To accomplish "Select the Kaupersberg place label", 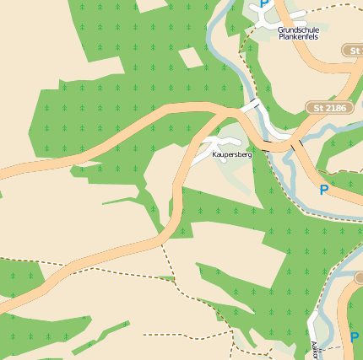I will pyautogui.click(x=231, y=155).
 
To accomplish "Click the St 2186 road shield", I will pyautogui.click(x=329, y=108).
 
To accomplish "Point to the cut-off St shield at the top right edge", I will pyautogui.click(x=353, y=51).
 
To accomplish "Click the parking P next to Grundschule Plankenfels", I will pyautogui.click(x=264, y=4).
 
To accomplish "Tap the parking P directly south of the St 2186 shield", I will pyautogui.click(x=323, y=191).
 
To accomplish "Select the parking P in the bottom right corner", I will pyautogui.click(x=354, y=337).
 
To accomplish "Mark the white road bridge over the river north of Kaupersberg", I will pyautogui.click(x=250, y=106).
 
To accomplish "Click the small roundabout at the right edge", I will pyautogui.click(x=359, y=277).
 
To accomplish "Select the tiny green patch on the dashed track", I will pyautogui.click(x=167, y=277).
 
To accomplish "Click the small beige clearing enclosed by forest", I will pyautogui.click(x=190, y=58).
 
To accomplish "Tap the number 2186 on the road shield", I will pyautogui.click(x=335, y=108).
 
